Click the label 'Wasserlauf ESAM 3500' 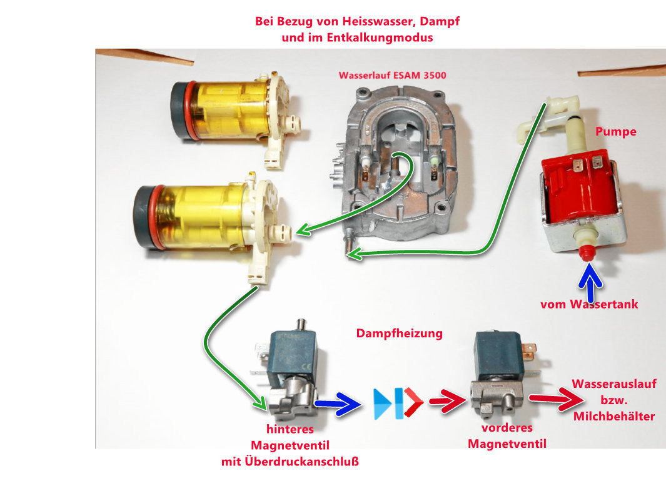pyautogui.click(x=392, y=76)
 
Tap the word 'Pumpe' pyautogui.click(x=616, y=132)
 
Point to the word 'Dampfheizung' pyautogui.click(x=399, y=333)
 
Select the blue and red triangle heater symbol pyautogui.click(x=398, y=403)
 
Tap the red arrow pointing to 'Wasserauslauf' pyautogui.click(x=552, y=398)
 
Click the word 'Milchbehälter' pyautogui.click(x=614, y=415)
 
